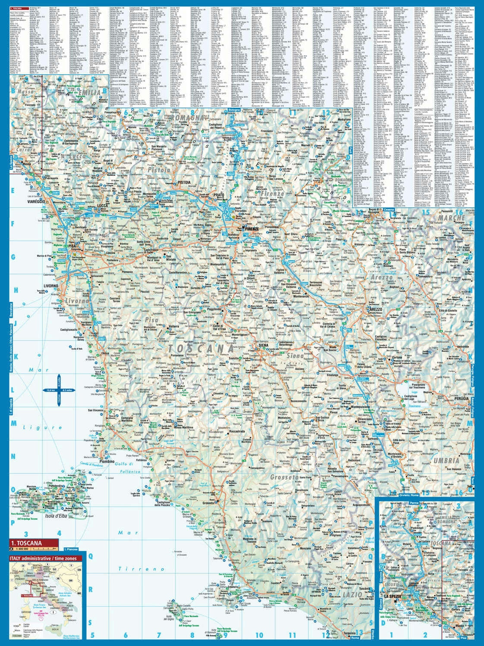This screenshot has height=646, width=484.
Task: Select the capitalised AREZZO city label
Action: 376,309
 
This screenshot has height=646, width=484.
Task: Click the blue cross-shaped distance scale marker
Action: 59,390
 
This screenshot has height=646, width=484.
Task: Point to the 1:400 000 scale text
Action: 22,549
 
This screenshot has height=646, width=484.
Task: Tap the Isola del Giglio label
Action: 172,621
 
